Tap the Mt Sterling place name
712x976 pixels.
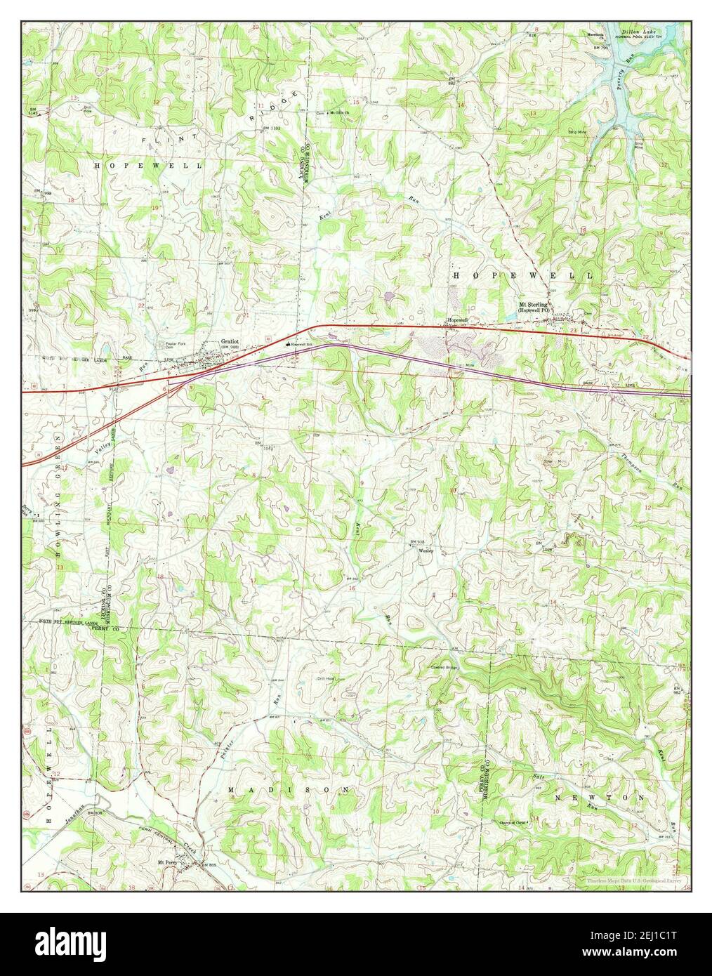click(533, 304)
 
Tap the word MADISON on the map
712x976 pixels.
click(290, 790)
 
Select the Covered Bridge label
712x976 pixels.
click(444, 667)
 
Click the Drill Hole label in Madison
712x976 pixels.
click(314, 678)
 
